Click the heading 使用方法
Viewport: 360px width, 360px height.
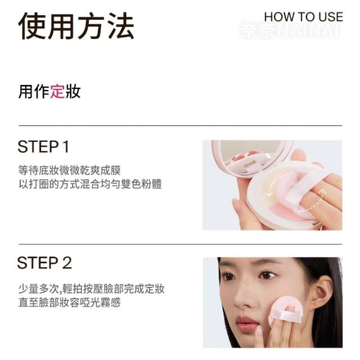[76, 26]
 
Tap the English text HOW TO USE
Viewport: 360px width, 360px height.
[304, 17]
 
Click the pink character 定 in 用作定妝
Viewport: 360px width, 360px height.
[57, 91]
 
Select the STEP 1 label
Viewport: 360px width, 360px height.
[43, 146]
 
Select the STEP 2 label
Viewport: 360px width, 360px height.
[44, 263]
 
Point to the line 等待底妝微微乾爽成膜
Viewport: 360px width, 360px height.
[69, 170]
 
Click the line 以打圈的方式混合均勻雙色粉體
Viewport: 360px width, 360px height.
[90, 184]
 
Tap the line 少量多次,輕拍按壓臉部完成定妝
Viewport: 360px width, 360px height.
[91, 289]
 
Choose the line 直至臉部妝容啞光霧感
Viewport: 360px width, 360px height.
[69, 302]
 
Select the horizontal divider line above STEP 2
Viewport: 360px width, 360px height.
[180, 244]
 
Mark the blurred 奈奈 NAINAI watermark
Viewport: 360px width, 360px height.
[289, 30]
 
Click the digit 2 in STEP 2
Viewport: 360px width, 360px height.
[66, 263]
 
